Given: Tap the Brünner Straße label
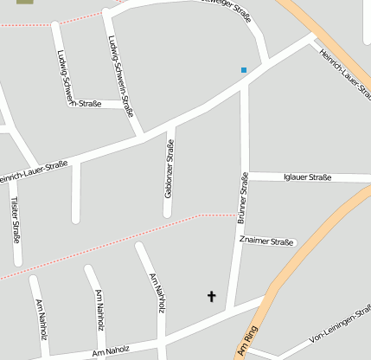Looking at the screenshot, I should point(243,199).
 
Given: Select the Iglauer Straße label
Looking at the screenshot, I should point(308,177).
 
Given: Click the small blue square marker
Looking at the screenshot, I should point(244,69).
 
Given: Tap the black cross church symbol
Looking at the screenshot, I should point(211,296).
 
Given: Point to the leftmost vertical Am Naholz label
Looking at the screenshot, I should point(41,318).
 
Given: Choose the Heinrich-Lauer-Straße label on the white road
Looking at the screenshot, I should point(33,170).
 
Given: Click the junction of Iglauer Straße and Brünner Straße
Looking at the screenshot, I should point(244,177).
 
